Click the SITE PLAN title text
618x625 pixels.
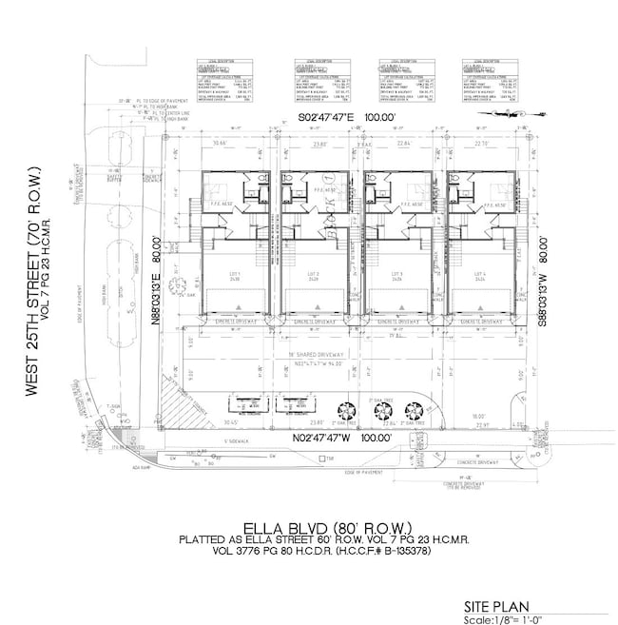pyautogui.click(x=496, y=605)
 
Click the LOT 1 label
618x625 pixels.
pyautogui.click(x=229, y=275)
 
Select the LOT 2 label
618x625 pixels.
pyautogui.click(x=313, y=275)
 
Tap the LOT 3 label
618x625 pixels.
pyautogui.click(x=397, y=275)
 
